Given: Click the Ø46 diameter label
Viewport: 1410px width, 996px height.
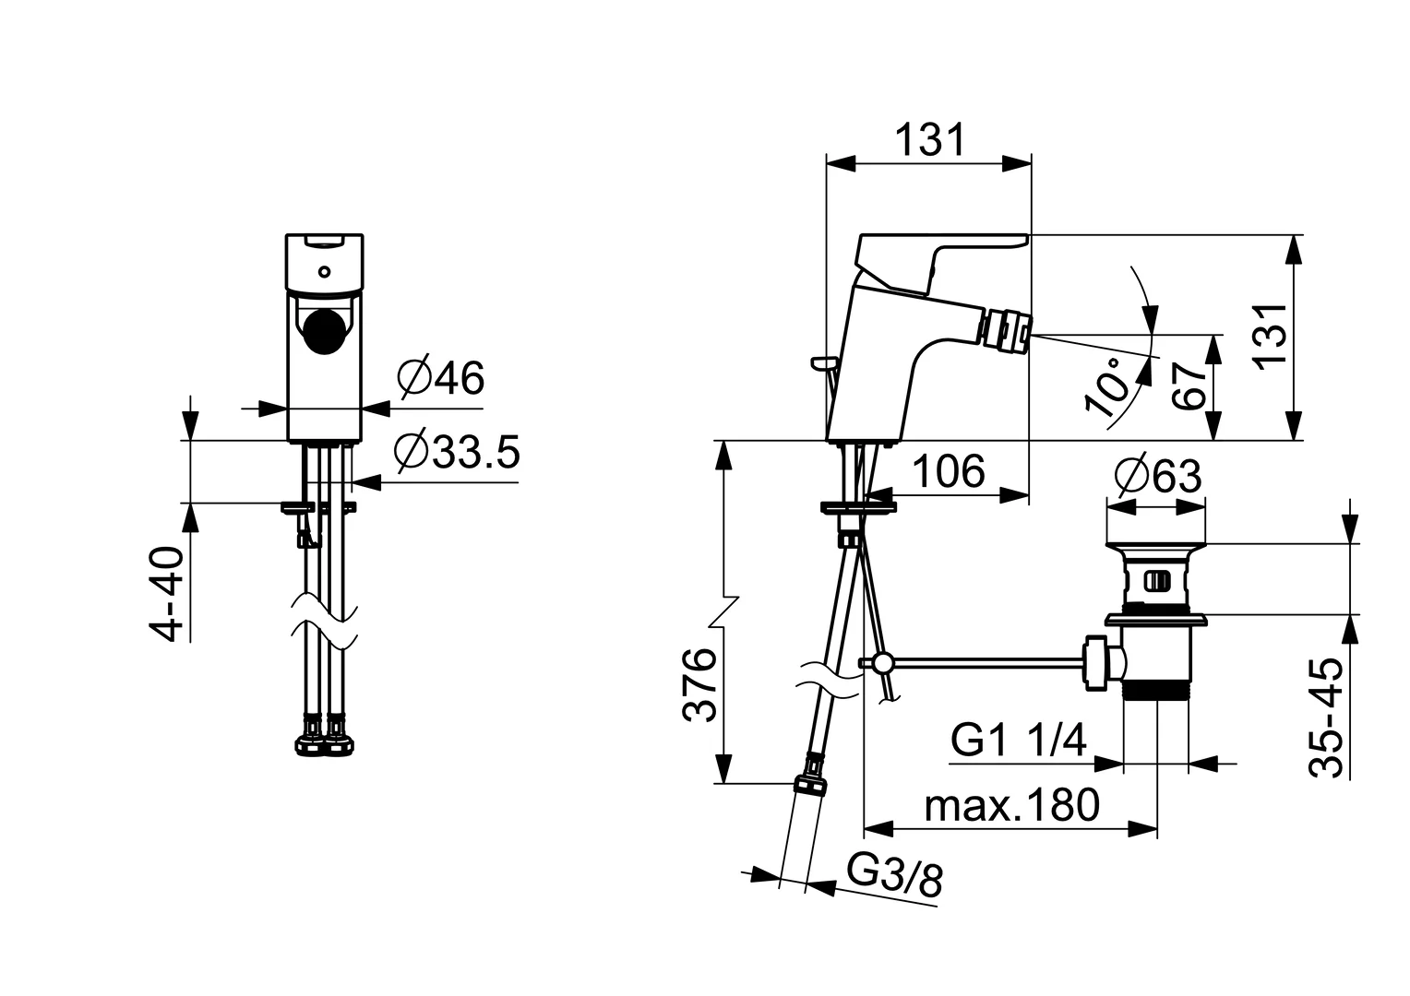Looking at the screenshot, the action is click(441, 378).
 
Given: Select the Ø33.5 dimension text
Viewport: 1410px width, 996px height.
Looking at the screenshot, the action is click(457, 451).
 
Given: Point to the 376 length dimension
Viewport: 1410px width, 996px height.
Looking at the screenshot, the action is click(699, 684).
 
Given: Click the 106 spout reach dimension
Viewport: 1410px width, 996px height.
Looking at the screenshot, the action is click(950, 471).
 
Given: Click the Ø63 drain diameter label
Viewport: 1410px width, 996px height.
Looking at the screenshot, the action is click(1157, 476).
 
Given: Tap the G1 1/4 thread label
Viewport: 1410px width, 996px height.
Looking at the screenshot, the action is click(1019, 740).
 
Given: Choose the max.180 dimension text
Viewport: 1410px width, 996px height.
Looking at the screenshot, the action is click(1011, 805).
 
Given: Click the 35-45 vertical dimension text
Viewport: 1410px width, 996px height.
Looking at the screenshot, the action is click(1326, 717).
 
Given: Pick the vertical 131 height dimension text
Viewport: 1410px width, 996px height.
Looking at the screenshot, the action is click(1270, 338).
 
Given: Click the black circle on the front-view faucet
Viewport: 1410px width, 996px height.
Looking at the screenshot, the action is click(325, 333).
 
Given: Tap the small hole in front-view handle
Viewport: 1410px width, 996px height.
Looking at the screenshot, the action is click(324, 272).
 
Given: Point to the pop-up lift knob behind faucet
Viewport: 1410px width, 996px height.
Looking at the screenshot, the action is click(825, 362).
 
